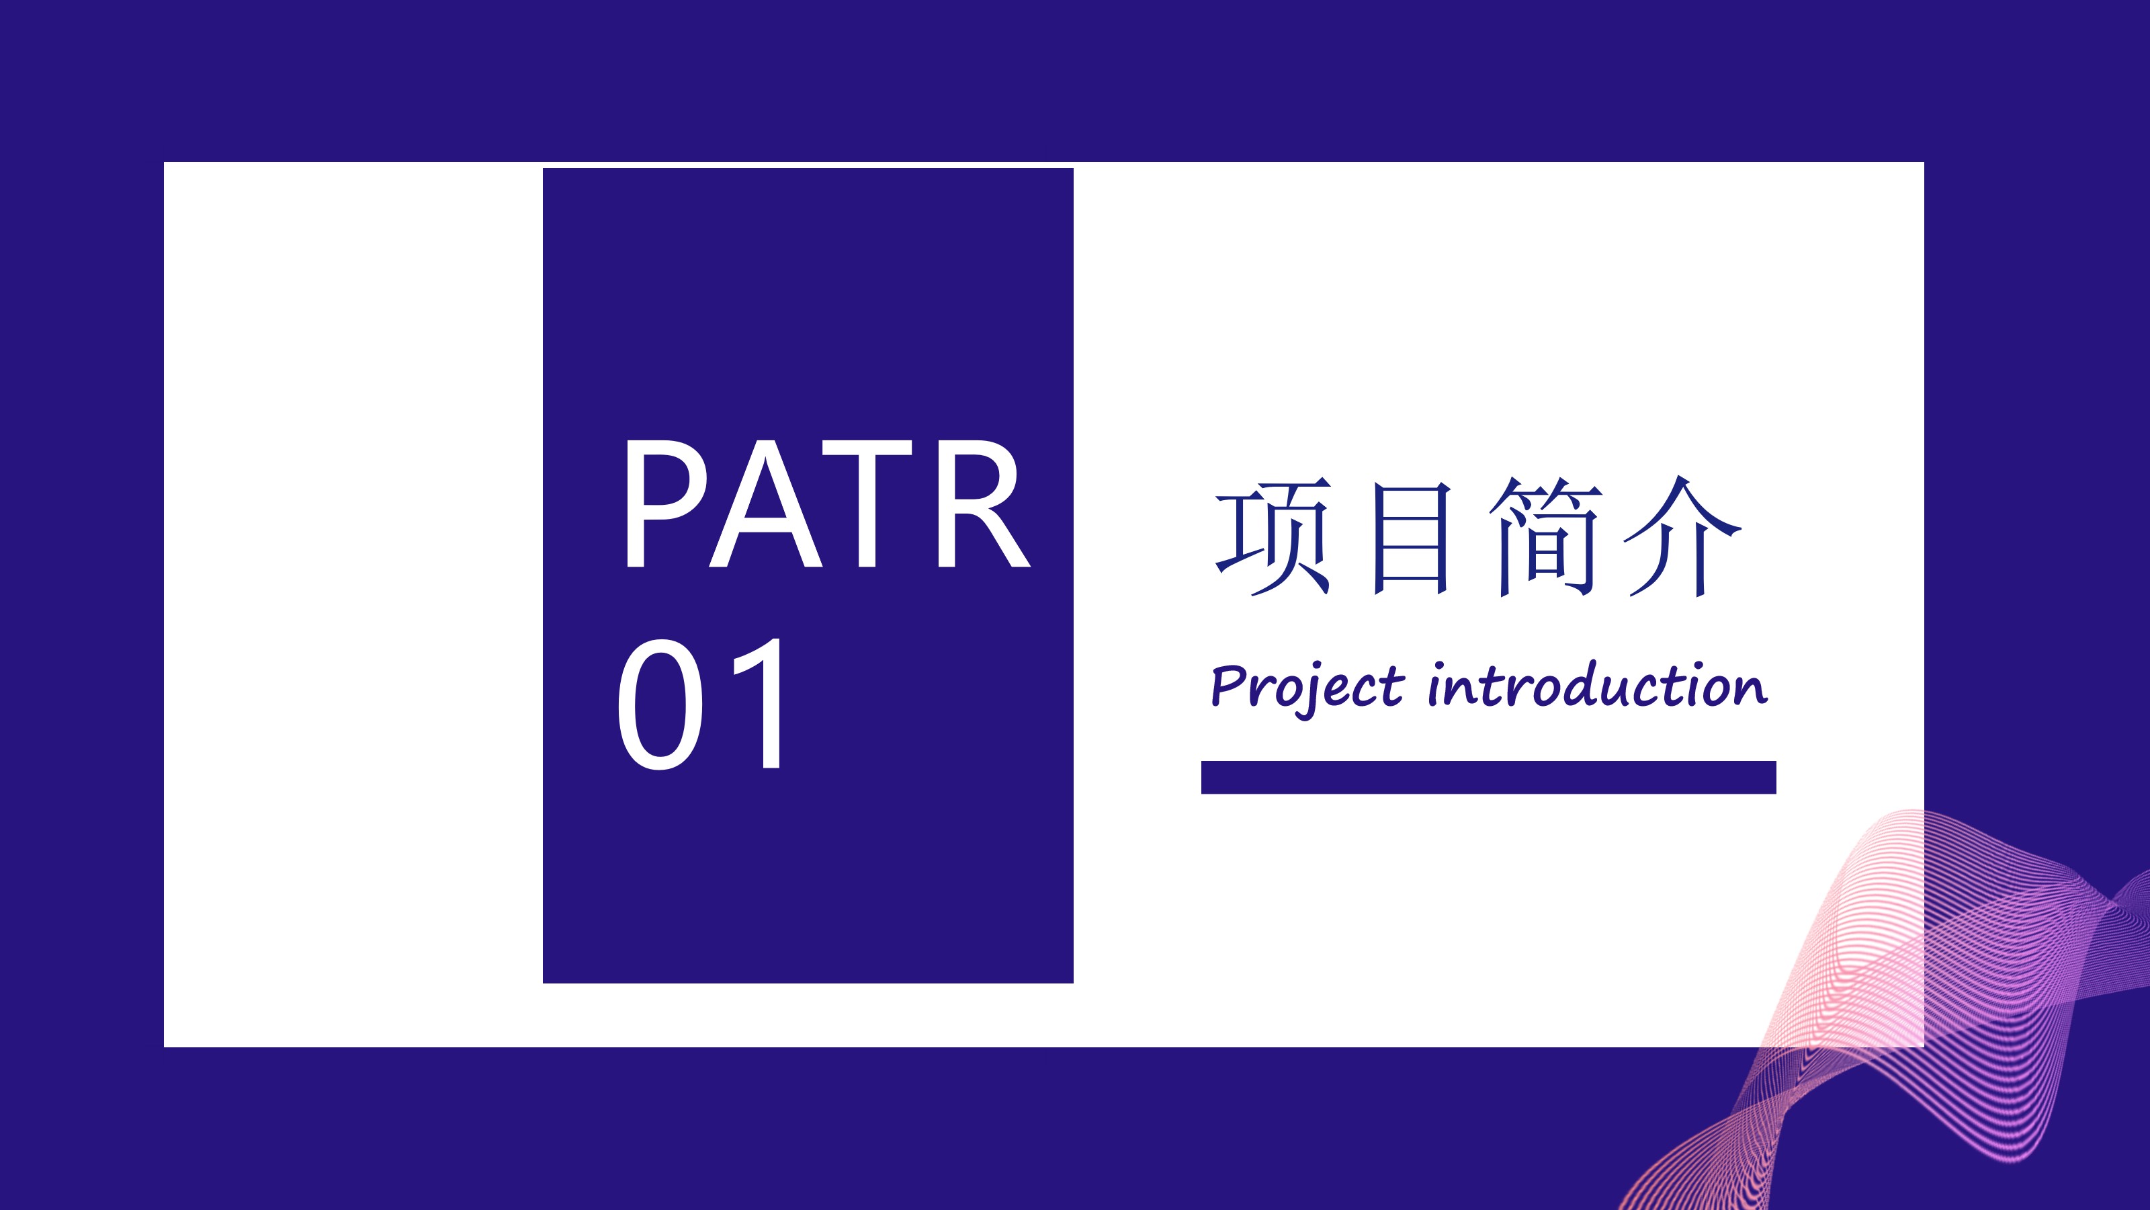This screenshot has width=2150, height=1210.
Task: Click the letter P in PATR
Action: (665, 504)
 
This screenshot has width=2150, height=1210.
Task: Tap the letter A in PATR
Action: (766, 504)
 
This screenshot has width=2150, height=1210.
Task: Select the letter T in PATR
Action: (866, 504)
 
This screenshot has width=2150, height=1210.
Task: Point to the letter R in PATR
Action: (982, 504)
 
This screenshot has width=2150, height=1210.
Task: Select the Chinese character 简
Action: (1547, 536)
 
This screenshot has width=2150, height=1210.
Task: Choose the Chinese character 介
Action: (1682, 536)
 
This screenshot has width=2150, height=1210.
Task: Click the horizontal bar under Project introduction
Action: (1488, 776)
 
